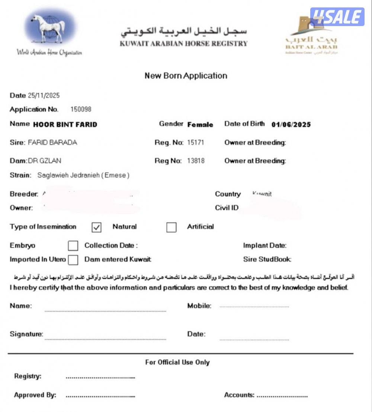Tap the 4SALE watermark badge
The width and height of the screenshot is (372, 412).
[337, 17]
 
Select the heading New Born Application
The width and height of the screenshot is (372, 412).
[186, 76]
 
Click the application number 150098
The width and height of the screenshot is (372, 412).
[81, 109]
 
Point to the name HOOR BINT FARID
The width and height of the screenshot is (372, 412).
[65, 125]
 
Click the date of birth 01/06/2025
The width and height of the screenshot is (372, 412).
[291, 125]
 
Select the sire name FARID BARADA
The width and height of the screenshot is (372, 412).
[52, 143]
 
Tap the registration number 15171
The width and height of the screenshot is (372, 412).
[196, 143]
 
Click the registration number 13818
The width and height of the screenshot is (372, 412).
[196, 161]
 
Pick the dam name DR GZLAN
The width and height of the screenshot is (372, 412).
[45, 161]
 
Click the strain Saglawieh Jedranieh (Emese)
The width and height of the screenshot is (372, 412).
[83, 175]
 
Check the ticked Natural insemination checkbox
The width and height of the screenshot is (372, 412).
[96, 227]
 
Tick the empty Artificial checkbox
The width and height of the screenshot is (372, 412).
[171, 227]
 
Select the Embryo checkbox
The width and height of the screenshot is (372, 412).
[73, 246]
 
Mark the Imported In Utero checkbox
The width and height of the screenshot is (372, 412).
[73, 260]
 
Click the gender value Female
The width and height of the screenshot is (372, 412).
[200, 125]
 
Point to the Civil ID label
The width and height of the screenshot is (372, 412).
[227, 208]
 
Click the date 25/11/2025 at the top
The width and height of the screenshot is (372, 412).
[44, 96]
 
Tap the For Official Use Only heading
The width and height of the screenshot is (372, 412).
[177, 362]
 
